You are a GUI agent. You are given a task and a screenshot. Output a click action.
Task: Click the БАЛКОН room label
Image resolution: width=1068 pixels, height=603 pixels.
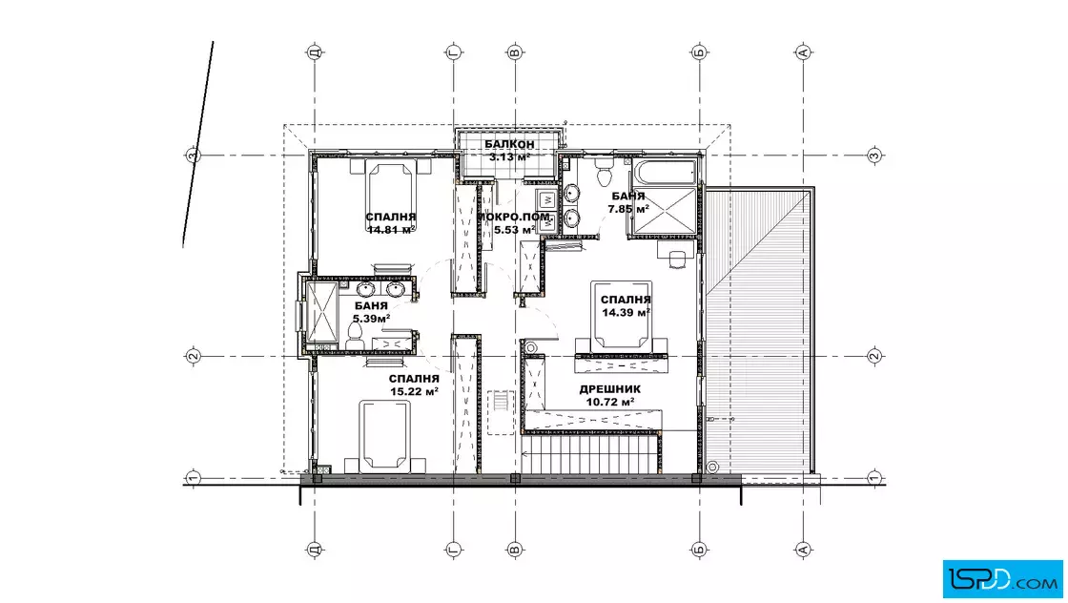(x=509, y=144)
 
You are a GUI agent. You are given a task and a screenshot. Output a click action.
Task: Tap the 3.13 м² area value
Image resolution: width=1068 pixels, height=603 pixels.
(x=509, y=156)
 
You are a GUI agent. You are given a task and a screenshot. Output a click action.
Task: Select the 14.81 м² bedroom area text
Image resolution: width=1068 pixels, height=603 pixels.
(x=391, y=230)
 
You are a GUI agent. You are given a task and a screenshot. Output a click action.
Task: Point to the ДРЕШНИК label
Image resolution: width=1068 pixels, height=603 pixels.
(x=609, y=389)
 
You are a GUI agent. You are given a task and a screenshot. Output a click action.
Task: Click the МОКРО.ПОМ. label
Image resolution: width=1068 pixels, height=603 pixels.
(x=514, y=217)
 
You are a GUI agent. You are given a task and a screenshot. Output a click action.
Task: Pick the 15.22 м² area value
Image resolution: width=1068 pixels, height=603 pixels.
(x=414, y=391)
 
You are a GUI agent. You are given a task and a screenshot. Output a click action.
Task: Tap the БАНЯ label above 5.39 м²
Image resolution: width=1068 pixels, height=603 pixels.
(x=371, y=306)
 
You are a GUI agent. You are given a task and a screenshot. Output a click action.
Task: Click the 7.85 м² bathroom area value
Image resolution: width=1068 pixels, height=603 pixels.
(x=628, y=209)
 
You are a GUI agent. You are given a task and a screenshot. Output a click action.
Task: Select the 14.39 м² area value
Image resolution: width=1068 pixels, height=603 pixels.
(x=626, y=312)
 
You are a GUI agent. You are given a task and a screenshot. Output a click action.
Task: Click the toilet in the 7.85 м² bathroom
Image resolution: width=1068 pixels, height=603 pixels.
(x=604, y=172)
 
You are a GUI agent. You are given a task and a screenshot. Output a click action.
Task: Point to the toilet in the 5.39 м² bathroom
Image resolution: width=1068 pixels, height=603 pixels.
(x=354, y=334)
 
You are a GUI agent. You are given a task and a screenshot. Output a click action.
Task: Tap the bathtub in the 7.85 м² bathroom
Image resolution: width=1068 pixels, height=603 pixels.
(x=665, y=172)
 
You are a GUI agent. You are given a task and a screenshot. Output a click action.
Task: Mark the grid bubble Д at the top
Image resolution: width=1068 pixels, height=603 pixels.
(x=314, y=52)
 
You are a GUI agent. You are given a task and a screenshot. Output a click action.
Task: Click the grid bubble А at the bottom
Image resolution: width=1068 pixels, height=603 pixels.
(x=803, y=550)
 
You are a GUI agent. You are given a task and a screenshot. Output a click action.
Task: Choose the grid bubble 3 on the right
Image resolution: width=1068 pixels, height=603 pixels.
(x=875, y=156)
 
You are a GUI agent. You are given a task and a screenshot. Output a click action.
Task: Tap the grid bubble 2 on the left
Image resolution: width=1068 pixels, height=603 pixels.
(x=193, y=356)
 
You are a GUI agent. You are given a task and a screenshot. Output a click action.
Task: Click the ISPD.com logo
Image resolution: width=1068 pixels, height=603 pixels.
(x=1002, y=579)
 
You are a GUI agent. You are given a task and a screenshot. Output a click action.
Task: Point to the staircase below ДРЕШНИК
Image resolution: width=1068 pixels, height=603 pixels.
(x=590, y=454)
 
